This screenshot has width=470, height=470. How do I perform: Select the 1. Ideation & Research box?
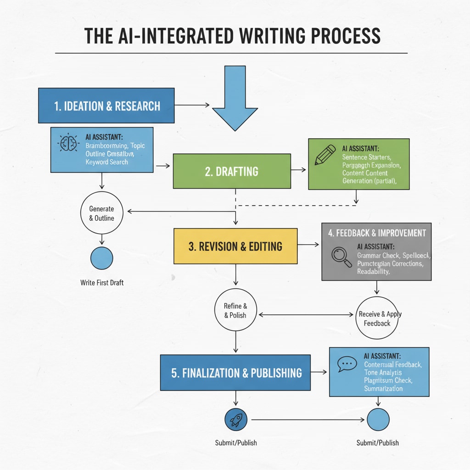click(x=106, y=106)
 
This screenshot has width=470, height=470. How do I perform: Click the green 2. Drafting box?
click(x=232, y=171)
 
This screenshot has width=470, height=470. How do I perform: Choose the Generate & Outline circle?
click(x=101, y=213)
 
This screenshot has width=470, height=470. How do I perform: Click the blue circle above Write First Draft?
click(x=101, y=258)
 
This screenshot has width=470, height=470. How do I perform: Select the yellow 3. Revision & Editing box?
click(x=235, y=246)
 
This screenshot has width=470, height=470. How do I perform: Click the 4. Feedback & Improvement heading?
click(x=376, y=233)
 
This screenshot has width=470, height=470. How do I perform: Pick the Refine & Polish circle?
click(x=235, y=311)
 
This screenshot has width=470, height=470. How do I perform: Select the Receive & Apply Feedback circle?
click(x=377, y=319)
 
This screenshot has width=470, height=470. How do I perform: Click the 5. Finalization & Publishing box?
click(x=235, y=373)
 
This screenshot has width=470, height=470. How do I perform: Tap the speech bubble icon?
click(x=347, y=364)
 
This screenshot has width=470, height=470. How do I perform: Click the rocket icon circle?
click(x=236, y=419)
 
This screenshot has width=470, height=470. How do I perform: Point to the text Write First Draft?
click(x=102, y=282)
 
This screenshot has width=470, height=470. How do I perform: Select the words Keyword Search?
click(x=107, y=162)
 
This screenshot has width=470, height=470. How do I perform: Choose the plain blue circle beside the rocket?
click(x=378, y=420)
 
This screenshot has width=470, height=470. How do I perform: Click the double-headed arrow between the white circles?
click(x=306, y=315)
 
